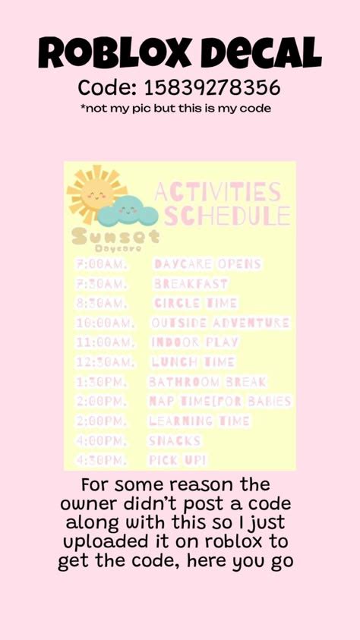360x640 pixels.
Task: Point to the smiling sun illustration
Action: (x=92, y=193)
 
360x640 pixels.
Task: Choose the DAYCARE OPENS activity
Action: (x=207, y=264)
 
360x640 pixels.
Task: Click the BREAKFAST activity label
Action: (x=191, y=284)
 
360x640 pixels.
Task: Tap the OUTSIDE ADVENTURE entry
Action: (x=220, y=323)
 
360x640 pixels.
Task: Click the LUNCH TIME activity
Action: (x=193, y=362)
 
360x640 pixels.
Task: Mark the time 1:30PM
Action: (x=101, y=381)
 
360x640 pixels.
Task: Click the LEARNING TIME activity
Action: (x=199, y=421)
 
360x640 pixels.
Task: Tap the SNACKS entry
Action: (x=175, y=440)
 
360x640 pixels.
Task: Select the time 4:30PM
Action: (x=101, y=460)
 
